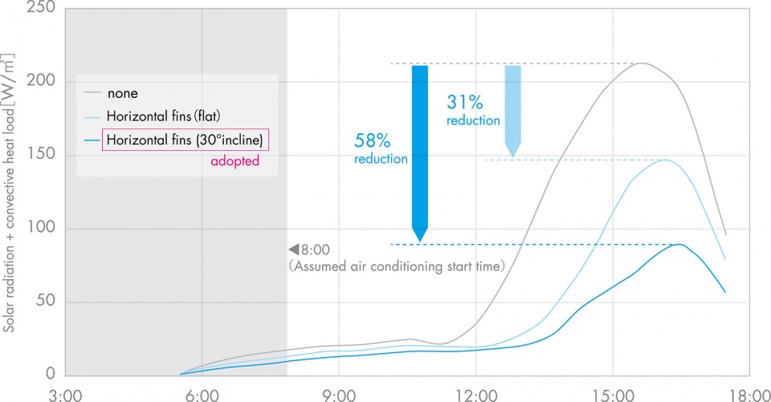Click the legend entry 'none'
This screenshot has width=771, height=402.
[122, 94]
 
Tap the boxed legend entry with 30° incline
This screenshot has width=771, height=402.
[185, 140]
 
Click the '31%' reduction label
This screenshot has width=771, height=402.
[465, 102]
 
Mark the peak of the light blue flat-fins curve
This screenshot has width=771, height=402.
[665, 160]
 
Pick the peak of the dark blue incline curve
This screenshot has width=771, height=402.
[679, 244]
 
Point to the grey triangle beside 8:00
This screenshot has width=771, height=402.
[294, 250]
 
